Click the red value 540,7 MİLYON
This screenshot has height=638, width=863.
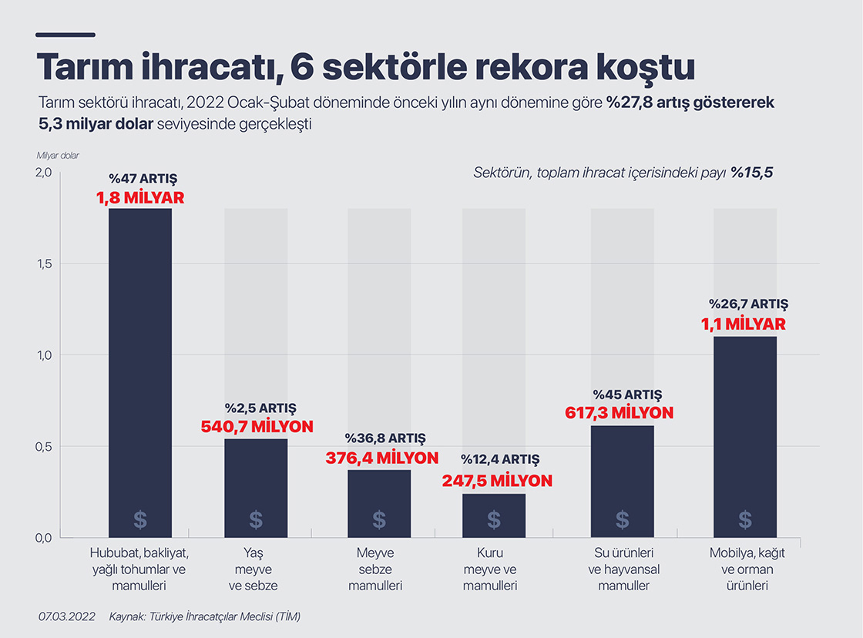(x=257, y=426)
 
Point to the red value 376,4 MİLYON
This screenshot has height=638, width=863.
(x=381, y=458)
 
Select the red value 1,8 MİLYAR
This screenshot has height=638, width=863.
(x=140, y=198)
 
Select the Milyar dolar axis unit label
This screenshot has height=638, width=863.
(x=58, y=155)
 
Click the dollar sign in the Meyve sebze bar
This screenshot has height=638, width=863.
(x=379, y=519)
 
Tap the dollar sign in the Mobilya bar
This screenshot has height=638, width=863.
(x=745, y=519)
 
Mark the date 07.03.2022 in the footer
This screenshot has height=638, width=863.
(x=66, y=616)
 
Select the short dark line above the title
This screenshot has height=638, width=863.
(x=65, y=35)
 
